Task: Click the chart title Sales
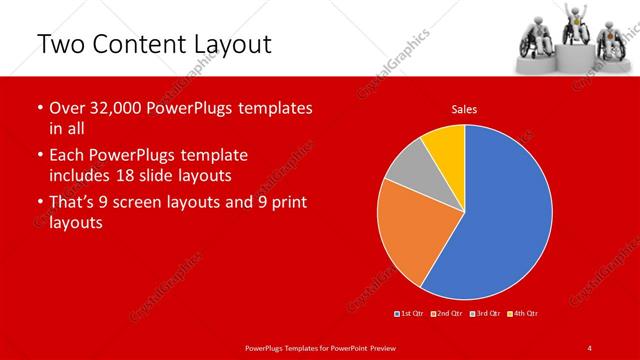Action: coord(463,108)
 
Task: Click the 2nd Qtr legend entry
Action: coord(447,314)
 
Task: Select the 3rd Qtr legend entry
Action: coord(485,314)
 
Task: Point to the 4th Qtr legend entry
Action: coord(523,314)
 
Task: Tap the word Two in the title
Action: coord(60,44)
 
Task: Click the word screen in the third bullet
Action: coord(154,202)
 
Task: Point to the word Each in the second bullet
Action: coord(66,156)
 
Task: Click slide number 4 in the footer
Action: coord(590,347)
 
